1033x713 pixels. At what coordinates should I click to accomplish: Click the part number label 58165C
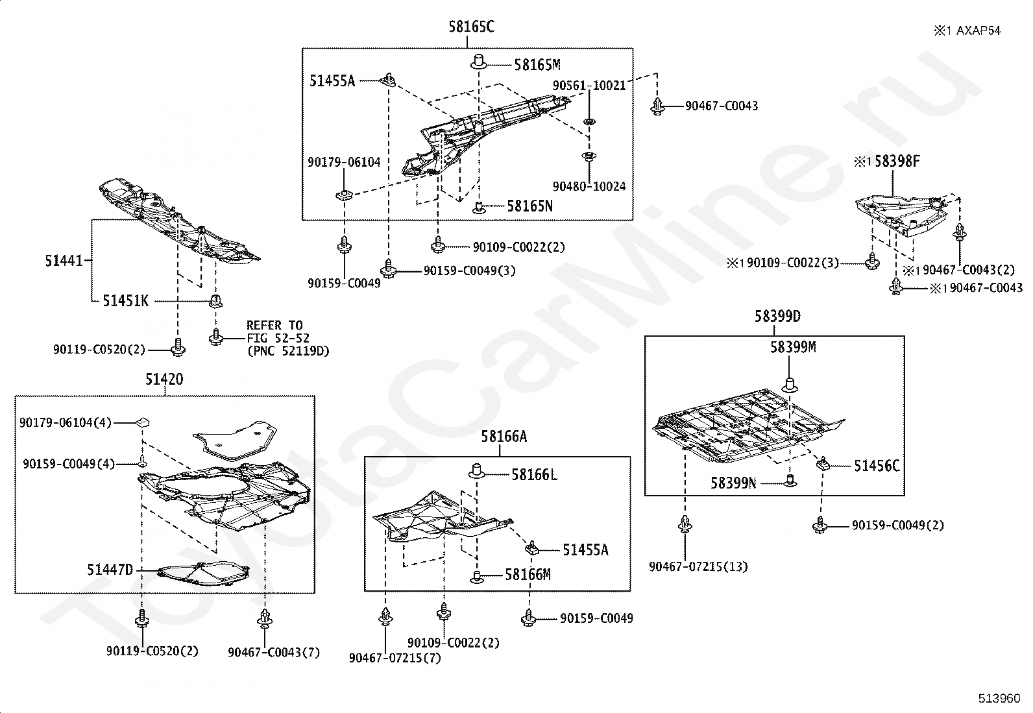pyautogui.click(x=471, y=27)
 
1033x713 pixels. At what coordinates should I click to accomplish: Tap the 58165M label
pyautogui.click(x=537, y=65)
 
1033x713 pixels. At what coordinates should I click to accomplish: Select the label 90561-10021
pyautogui.click(x=589, y=86)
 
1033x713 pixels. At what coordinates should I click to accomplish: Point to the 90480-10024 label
pyautogui.click(x=589, y=186)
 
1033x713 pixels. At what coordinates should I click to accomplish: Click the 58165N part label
pyautogui.click(x=530, y=206)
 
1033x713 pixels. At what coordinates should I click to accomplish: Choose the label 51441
pyautogui.click(x=64, y=261)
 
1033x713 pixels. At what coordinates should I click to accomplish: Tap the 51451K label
pyautogui.click(x=125, y=301)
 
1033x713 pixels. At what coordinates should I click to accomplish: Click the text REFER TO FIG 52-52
pyautogui.click(x=277, y=332)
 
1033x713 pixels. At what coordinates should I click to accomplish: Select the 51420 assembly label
pyautogui.click(x=164, y=380)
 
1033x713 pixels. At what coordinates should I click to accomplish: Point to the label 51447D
pyautogui.click(x=110, y=570)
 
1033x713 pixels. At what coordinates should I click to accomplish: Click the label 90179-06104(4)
pyautogui.click(x=66, y=422)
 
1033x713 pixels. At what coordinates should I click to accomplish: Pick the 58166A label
pyautogui.click(x=504, y=436)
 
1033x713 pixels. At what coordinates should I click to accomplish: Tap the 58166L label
pyautogui.click(x=535, y=474)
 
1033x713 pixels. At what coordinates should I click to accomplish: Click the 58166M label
pyautogui.click(x=528, y=575)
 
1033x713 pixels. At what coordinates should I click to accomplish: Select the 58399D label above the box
pyautogui.click(x=777, y=317)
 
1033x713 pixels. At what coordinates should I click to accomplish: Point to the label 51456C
pyautogui.click(x=877, y=466)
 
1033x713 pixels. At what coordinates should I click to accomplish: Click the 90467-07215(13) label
pyautogui.click(x=698, y=567)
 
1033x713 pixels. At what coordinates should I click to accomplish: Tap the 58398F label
pyautogui.click(x=897, y=161)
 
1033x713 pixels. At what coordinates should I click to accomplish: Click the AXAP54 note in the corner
pyautogui.click(x=978, y=31)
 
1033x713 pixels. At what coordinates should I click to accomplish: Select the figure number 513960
pyautogui.click(x=999, y=698)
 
